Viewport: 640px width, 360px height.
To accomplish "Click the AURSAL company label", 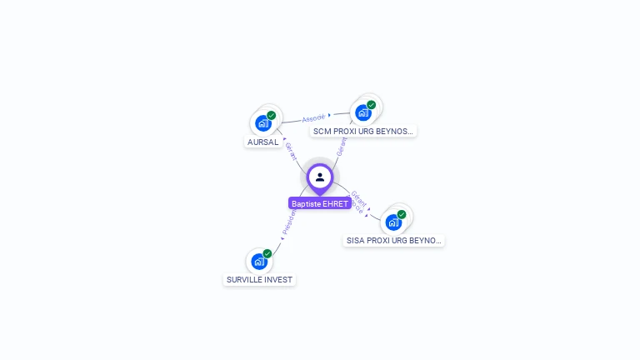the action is (x=262, y=142).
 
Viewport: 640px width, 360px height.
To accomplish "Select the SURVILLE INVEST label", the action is (x=259, y=279).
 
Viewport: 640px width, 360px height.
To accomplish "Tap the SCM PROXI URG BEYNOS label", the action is (x=362, y=131).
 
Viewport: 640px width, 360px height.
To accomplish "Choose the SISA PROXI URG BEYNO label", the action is (x=393, y=240).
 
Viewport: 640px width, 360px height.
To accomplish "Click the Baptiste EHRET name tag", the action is (x=320, y=203).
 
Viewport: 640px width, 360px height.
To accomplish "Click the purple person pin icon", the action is (x=320, y=177).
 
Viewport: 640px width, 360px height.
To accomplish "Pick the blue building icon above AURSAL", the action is (x=263, y=123).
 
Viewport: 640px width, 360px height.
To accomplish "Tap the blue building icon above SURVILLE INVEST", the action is (x=259, y=262).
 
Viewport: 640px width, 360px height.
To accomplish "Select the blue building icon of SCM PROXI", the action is (x=362, y=112).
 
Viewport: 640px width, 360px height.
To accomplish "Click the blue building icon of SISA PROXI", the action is (x=393, y=222).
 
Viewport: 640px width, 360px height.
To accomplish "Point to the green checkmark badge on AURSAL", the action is (x=271, y=116).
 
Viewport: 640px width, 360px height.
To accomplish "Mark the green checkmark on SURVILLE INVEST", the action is (x=267, y=253).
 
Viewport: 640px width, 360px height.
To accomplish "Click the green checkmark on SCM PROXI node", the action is (x=371, y=105).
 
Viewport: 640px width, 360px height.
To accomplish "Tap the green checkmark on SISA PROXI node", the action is (x=402, y=214).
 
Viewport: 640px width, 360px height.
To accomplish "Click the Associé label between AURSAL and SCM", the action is (x=313, y=117).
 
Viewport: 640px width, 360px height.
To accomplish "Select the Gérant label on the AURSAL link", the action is (x=291, y=151).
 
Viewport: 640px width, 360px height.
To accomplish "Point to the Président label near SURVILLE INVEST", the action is (x=288, y=222).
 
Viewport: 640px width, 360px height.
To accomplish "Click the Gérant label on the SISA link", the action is (x=359, y=197).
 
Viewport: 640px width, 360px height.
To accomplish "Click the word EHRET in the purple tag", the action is (x=335, y=203).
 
